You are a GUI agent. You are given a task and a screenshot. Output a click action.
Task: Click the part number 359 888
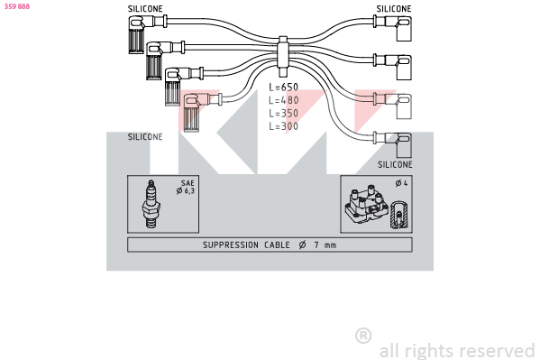coord(17,6)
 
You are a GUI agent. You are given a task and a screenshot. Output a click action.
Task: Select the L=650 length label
coord(283,87)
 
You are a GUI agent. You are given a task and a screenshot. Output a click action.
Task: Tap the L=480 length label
coord(283,100)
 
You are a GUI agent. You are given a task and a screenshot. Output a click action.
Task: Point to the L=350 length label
coord(283,113)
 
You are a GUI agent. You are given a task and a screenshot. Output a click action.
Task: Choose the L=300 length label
coord(283,126)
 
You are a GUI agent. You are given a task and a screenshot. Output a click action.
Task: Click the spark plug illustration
coord(151,204)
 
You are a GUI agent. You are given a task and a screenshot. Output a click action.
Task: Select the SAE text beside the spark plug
coord(188,183)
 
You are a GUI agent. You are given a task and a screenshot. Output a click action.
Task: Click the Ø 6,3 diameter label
coord(186,190)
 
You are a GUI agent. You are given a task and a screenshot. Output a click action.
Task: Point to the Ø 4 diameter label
coord(401,183)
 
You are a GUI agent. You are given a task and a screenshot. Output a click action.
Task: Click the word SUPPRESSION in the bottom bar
coord(231,245)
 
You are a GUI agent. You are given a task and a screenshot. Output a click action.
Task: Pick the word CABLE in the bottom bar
coord(277,245)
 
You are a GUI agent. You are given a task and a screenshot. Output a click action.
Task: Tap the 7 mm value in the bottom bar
coord(325,245)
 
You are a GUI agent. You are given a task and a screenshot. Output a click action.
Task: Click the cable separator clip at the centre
coord(283,57)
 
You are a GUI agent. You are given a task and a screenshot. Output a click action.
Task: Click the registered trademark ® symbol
coord(363,336)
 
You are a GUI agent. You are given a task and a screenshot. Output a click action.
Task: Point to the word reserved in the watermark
coord(498,351)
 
